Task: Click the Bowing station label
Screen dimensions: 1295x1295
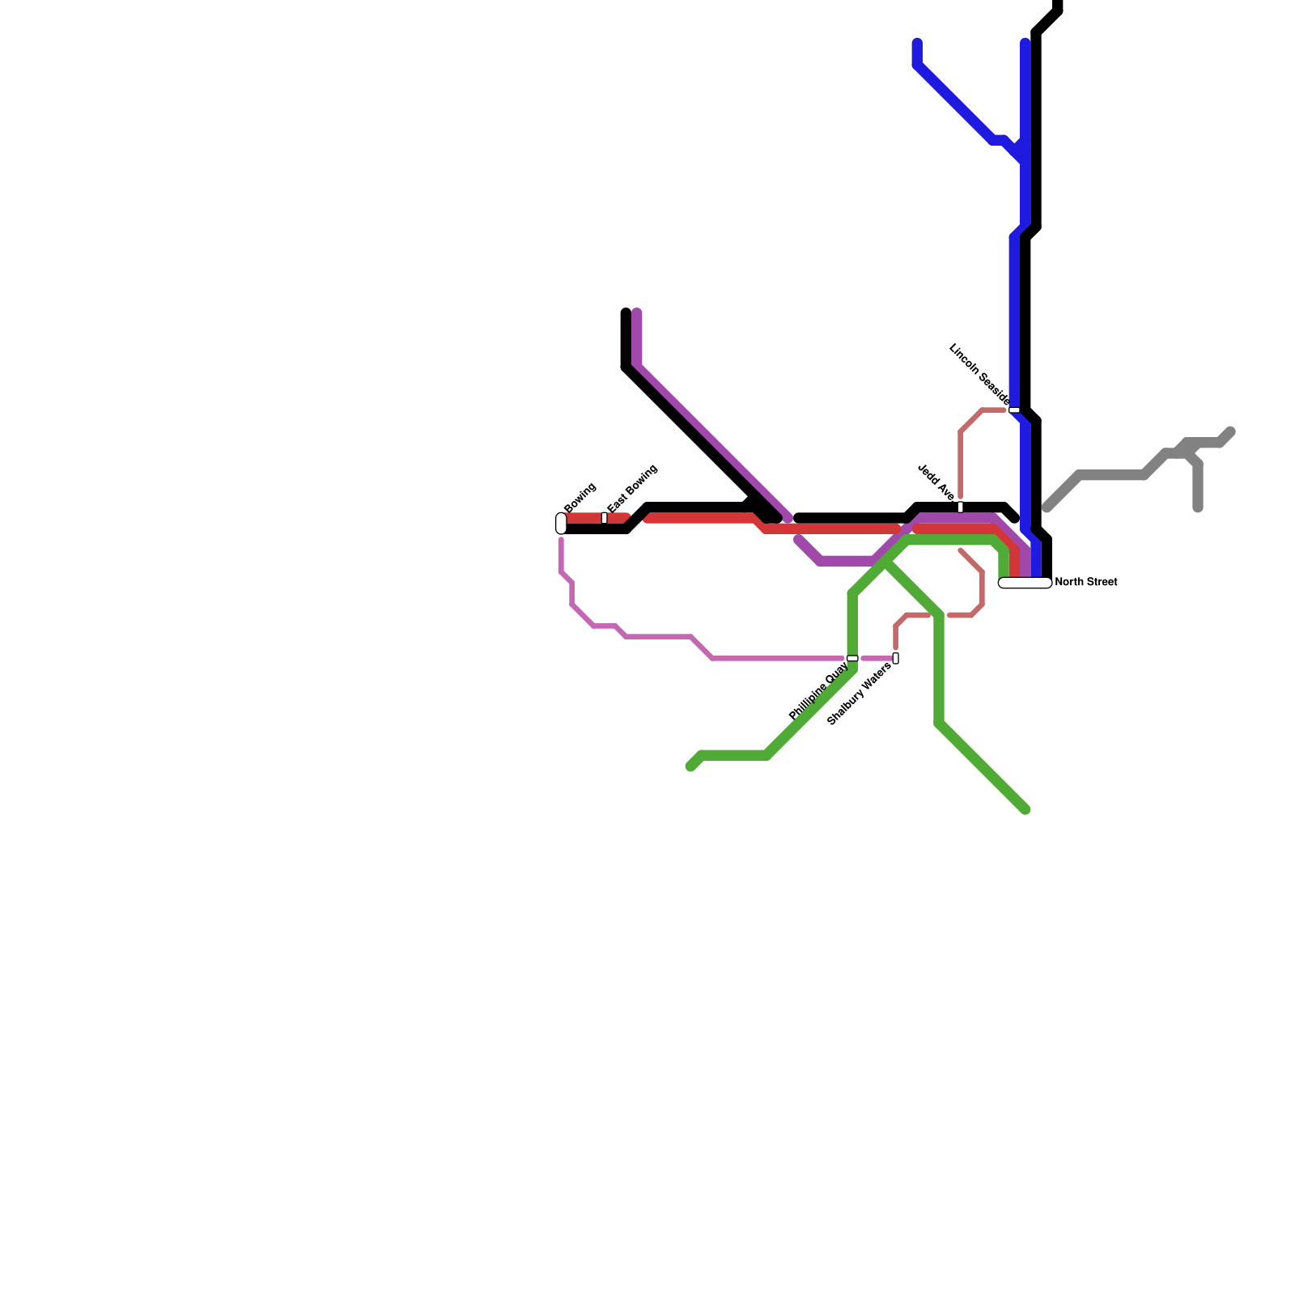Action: coord(580,497)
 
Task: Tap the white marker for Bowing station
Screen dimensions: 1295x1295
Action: coord(561,524)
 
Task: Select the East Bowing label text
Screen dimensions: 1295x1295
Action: coord(632,489)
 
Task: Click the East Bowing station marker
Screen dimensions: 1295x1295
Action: coord(605,517)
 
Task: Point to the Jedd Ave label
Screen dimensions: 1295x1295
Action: coord(936,482)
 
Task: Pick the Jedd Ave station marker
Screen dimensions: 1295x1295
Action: coord(960,507)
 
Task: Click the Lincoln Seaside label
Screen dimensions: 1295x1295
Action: coord(979,374)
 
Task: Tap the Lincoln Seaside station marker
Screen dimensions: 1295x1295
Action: coord(1013,410)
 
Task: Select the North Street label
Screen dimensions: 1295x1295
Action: coord(1086,582)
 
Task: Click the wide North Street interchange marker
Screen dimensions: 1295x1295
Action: coord(1025,583)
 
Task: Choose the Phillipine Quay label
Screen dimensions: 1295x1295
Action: coord(818,691)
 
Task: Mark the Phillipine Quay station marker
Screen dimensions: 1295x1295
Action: coord(852,658)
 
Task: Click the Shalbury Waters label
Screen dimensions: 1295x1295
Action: coord(859,694)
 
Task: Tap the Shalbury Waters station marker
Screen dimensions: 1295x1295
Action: coord(895,658)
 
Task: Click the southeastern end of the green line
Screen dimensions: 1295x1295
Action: coord(1025,809)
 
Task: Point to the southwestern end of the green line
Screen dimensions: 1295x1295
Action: coord(690,766)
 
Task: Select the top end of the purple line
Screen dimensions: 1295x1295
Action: coord(637,312)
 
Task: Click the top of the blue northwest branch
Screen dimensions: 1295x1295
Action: coord(917,42)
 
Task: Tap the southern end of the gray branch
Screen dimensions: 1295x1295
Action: coord(1197,508)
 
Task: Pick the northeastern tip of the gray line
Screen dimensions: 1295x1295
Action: coord(1230,431)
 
